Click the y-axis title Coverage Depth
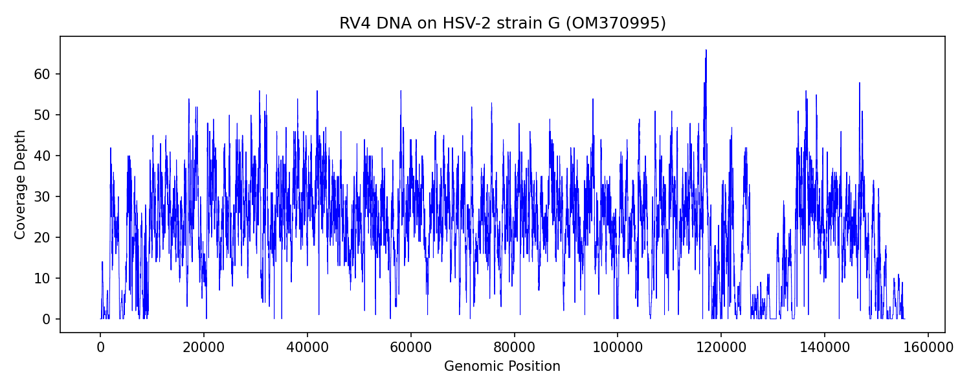[x=20, y=185]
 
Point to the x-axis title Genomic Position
[x=502, y=366]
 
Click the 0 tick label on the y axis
[x=46, y=319]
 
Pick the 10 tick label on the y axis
[x=42, y=278]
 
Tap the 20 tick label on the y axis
[x=42, y=237]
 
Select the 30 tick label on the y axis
[x=42, y=196]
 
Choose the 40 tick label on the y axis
[x=42, y=156]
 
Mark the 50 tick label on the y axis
[x=42, y=115]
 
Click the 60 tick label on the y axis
[x=42, y=75]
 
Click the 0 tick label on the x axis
[x=100, y=347]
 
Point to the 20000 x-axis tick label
[x=204, y=347]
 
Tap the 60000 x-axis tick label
[x=410, y=347]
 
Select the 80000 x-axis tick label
[x=514, y=347]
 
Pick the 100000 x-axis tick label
[x=618, y=347]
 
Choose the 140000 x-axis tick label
[x=824, y=347]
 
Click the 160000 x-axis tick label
[x=928, y=347]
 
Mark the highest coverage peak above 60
[x=706, y=51]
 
